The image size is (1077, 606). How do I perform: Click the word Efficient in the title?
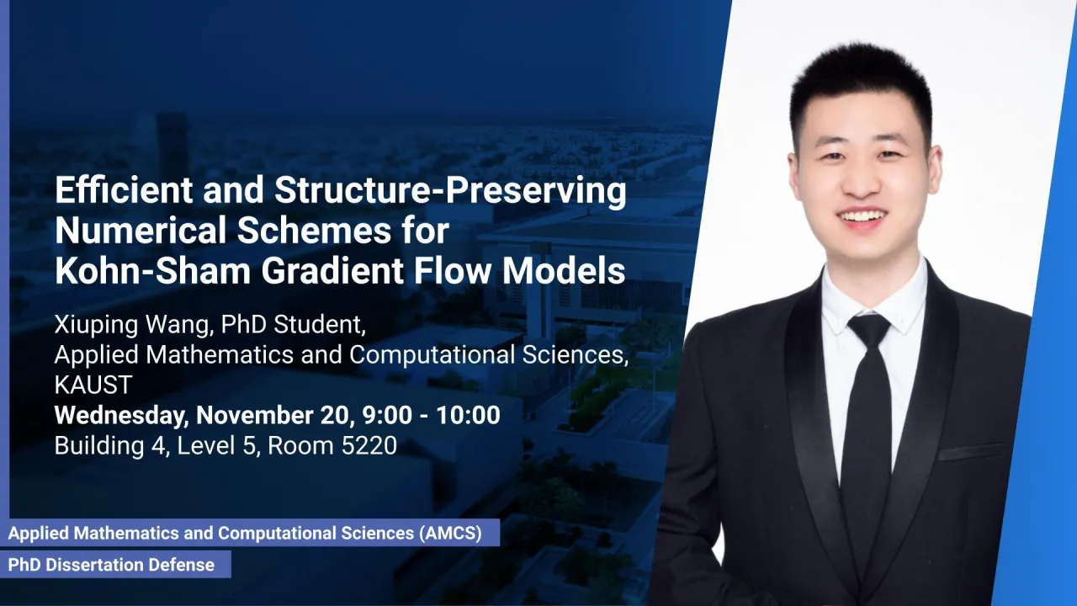[124, 189]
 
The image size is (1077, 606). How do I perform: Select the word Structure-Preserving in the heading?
[450, 192]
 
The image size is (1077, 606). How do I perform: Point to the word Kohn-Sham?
[153, 271]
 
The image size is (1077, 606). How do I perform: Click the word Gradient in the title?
[332, 271]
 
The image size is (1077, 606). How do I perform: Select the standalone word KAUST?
[93, 385]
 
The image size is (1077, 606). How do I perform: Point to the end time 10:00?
[469, 415]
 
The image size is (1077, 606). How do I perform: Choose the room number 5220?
[369, 445]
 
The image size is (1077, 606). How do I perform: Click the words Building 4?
[109, 445]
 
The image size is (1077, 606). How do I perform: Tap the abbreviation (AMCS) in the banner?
[450, 534]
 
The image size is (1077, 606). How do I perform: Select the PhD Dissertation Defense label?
[112, 565]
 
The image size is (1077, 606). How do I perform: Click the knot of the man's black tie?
[869, 331]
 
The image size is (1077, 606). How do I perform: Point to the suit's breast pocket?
[972, 451]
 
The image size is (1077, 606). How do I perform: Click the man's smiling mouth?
[863, 216]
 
